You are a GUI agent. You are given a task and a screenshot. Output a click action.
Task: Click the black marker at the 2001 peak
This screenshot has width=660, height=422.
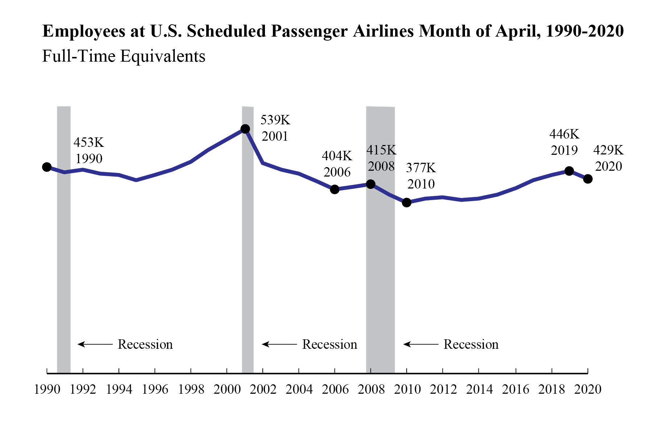(245, 129)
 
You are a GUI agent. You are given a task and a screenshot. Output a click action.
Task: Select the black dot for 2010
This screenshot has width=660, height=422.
(407, 203)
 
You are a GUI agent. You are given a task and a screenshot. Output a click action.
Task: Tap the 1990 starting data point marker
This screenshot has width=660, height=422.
(47, 167)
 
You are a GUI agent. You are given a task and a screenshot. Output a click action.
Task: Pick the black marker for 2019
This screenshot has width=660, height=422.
(569, 171)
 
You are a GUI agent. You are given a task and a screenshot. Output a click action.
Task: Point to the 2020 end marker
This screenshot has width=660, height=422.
(588, 179)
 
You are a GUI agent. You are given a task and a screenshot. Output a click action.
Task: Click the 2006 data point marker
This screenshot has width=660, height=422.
(335, 189)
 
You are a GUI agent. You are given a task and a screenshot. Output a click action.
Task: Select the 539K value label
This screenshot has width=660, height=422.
(275, 120)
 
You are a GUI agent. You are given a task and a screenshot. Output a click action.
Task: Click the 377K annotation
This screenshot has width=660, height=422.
(421, 168)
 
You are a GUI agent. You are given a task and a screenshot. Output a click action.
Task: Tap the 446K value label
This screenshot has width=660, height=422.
(564, 134)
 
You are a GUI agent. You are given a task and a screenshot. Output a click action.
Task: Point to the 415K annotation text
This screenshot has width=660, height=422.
(381, 150)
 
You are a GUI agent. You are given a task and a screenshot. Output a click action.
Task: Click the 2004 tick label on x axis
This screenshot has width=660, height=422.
(299, 389)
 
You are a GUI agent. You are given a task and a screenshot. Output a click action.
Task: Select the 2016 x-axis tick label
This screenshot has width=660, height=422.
(515, 389)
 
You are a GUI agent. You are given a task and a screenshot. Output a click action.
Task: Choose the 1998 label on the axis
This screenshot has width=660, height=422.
(191, 389)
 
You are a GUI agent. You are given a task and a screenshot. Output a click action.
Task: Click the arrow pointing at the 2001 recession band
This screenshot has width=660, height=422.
(279, 344)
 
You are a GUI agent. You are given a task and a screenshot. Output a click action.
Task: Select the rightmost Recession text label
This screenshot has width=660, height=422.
(471, 344)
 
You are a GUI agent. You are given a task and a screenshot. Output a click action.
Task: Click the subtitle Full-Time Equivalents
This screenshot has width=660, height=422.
(124, 56)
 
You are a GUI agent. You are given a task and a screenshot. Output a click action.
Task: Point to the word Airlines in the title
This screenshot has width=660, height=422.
(383, 31)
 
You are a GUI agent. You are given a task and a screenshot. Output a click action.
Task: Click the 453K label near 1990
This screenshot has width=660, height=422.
(89, 142)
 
